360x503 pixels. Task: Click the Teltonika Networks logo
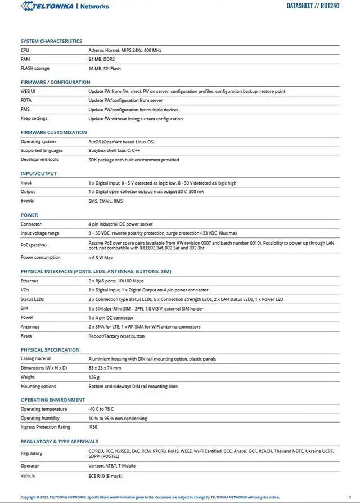65,6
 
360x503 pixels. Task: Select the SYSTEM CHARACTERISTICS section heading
51,41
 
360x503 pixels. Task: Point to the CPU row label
25,50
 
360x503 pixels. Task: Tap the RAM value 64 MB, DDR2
101,59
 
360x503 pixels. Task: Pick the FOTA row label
26,100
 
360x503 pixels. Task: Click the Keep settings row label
34,119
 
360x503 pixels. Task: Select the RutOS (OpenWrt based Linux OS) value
121,142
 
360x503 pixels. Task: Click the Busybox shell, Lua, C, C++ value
114,151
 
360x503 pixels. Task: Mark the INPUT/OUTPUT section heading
39,173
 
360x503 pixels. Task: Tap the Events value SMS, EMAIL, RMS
105,201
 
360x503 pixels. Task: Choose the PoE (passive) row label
34,245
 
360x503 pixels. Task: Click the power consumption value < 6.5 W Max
101,258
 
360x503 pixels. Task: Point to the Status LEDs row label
32,299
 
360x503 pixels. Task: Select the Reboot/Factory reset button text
116,336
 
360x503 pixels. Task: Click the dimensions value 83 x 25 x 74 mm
105,368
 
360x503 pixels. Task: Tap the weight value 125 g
94,377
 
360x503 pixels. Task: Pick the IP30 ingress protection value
93,427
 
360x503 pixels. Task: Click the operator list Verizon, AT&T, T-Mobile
112,466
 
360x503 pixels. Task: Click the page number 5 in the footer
349,497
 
